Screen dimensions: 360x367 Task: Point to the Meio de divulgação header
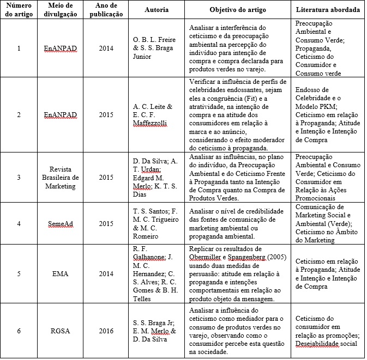[x=61, y=10]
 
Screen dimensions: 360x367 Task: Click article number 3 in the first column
[x=19, y=178]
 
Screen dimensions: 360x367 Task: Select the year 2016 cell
[x=107, y=330]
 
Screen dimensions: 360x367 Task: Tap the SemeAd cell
[x=61, y=224]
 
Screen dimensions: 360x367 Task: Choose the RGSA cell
[x=61, y=330]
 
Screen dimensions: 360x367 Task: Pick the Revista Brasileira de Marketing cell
[x=61, y=178]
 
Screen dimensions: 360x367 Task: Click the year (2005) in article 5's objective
[x=280, y=258]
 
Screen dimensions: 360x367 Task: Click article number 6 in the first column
[x=19, y=330]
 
